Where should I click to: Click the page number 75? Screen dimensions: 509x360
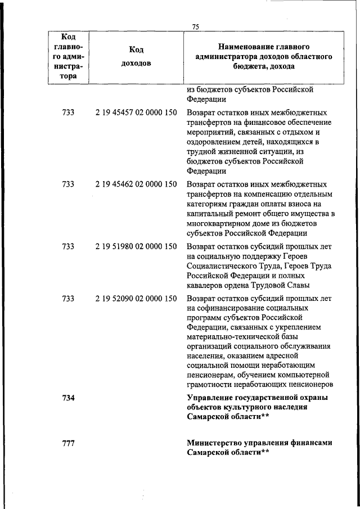[196, 26]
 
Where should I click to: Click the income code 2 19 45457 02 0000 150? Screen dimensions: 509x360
[136, 112]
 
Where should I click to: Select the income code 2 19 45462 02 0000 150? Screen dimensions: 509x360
[136, 184]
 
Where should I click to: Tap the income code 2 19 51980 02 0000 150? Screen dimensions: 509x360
[136, 246]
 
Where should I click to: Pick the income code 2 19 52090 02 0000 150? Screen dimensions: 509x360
[136, 298]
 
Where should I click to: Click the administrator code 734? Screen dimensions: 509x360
[68, 398]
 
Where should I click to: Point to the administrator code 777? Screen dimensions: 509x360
[68, 443]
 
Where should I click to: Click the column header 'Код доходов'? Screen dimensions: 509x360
[136, 56]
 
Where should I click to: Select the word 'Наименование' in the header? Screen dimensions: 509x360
[241, 46]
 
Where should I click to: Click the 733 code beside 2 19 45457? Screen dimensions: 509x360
[68, 112]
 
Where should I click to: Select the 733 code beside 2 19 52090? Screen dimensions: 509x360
[68, 298]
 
